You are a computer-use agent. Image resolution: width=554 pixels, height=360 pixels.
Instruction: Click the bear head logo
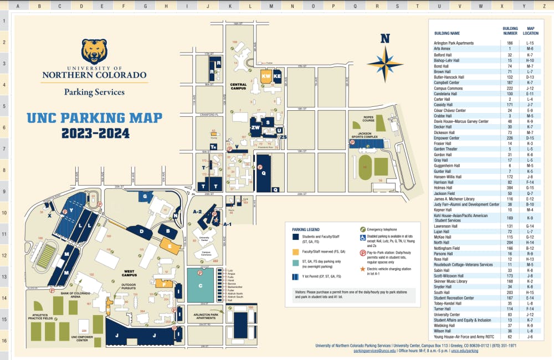click(94, 51)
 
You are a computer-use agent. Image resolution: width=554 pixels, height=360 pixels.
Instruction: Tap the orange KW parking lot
click(266, 76)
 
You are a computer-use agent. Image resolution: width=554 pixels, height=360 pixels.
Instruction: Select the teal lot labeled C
click(200, 285)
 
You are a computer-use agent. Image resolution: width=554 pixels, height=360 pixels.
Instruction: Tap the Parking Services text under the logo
click(94, 92)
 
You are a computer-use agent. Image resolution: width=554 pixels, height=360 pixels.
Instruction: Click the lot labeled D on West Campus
click(142, 231)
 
